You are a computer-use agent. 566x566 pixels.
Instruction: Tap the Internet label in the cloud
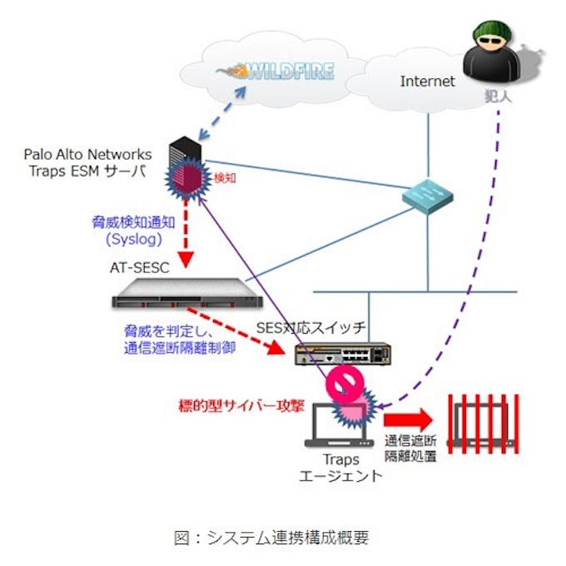427,82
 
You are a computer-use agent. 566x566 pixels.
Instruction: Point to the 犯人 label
498,97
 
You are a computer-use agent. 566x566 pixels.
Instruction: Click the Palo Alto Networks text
88,155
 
